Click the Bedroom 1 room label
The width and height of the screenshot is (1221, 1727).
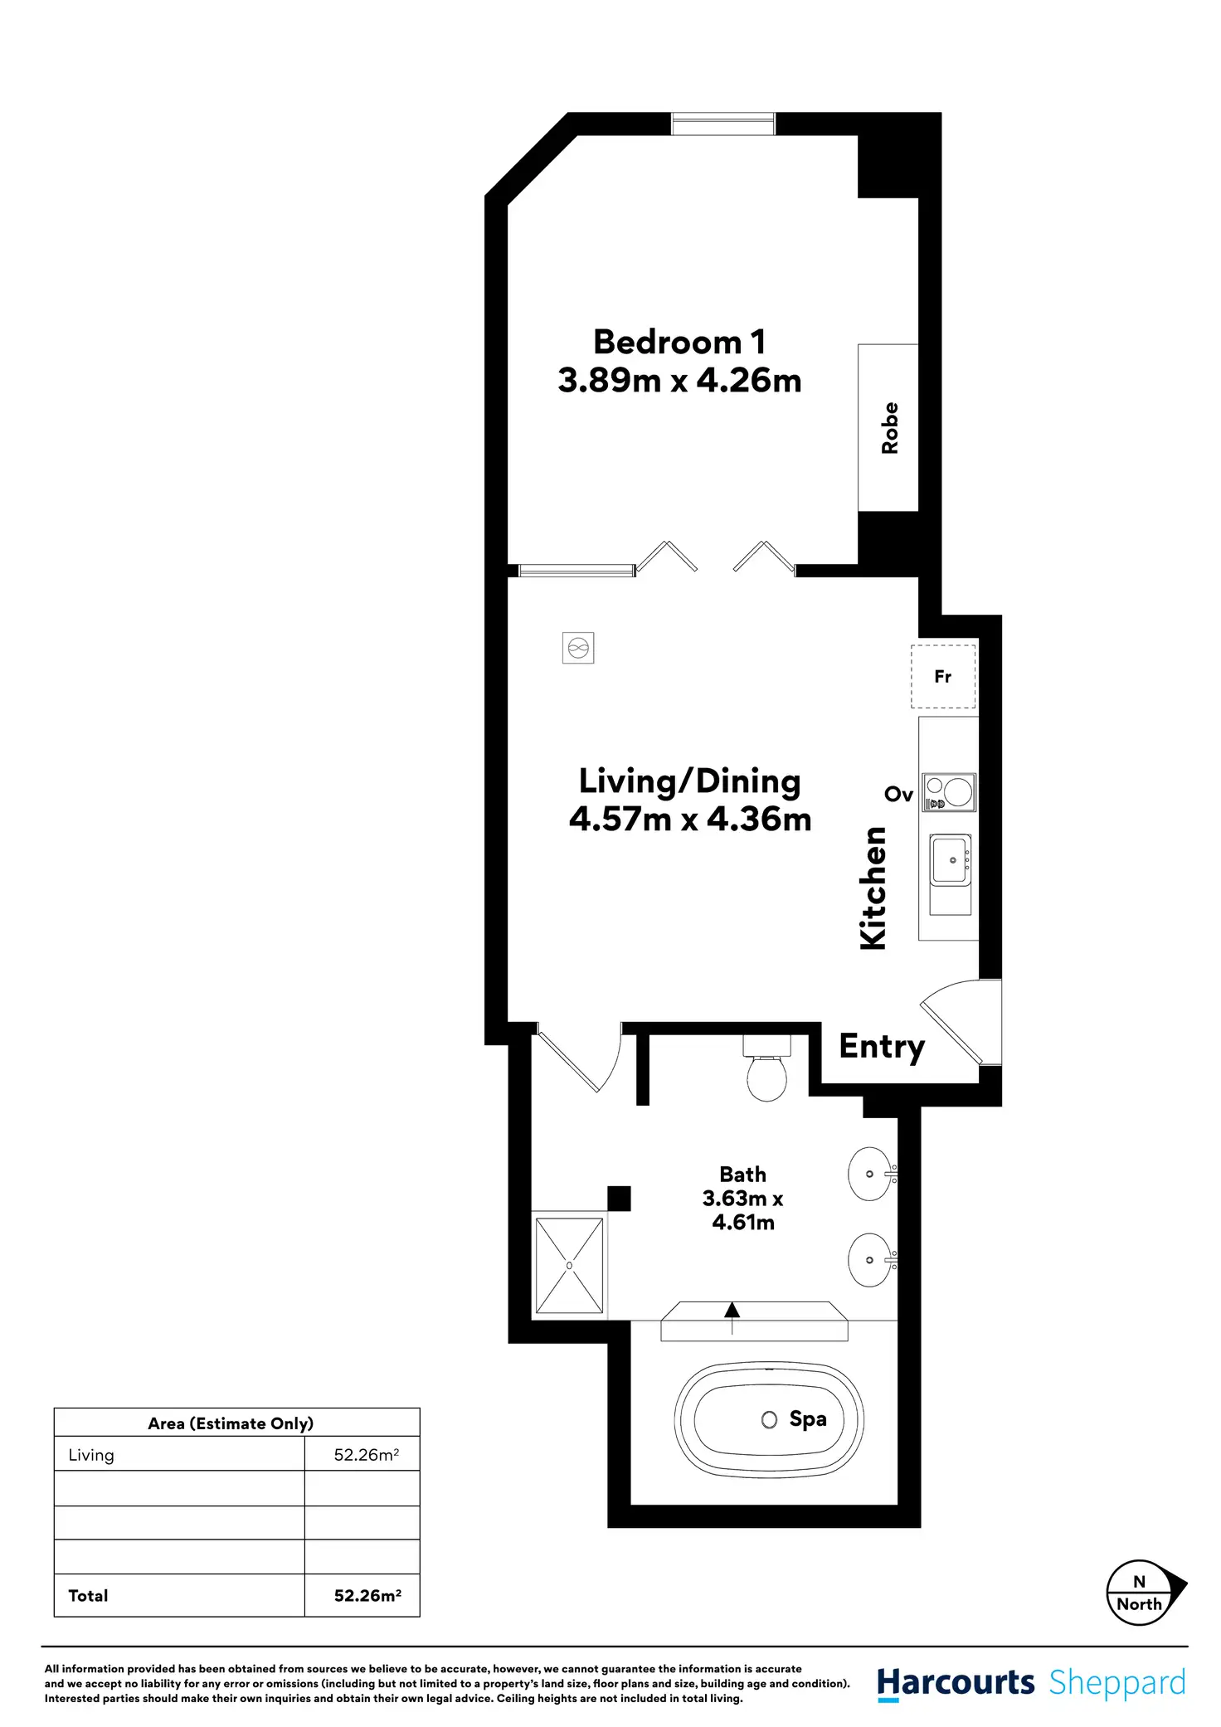(x=679, y=343)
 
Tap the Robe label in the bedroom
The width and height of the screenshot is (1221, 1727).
(x=889, y=428)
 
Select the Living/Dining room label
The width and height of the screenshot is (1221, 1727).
(x=689, y=781)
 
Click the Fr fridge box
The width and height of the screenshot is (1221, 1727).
(x=943, y=677)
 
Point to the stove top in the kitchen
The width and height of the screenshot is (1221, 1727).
(x=950, y=792)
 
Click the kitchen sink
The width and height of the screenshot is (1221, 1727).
(x=951, y=861)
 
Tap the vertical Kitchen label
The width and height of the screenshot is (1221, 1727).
(x=873, y=888)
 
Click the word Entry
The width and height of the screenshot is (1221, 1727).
(x=881, y=1047)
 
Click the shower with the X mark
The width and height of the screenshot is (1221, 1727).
(x=569, y=1266)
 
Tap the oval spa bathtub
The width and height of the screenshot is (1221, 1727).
(x=769, y=1419)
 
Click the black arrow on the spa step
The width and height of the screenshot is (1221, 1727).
(x=732, y=1311)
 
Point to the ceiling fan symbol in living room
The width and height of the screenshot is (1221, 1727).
(x=578, y=648)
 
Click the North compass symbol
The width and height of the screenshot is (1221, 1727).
(x=1141, y=1593)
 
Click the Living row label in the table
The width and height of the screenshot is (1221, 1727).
(x=91, y=1455)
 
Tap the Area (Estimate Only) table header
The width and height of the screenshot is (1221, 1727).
(x=231, y=1423)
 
